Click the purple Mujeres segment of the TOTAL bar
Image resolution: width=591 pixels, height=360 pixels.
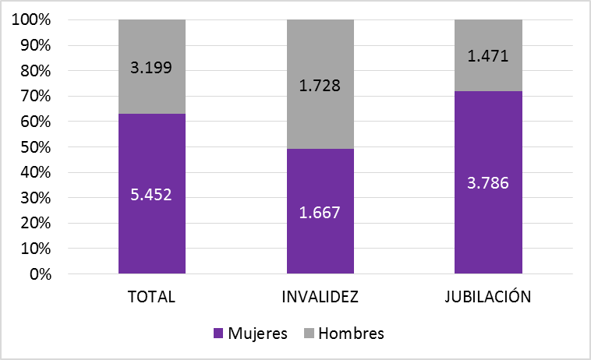pos(152,226)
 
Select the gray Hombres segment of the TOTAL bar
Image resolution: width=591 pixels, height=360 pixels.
pos(152,47)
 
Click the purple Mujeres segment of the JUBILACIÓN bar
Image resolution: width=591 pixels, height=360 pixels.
pos(488,226)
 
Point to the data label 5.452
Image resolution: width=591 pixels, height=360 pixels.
pos(152,194)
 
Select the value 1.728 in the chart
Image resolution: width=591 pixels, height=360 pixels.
pos(320,84)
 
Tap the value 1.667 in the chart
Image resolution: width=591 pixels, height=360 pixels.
pos(320,212)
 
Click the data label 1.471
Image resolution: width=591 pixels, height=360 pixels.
pos(488,55)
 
